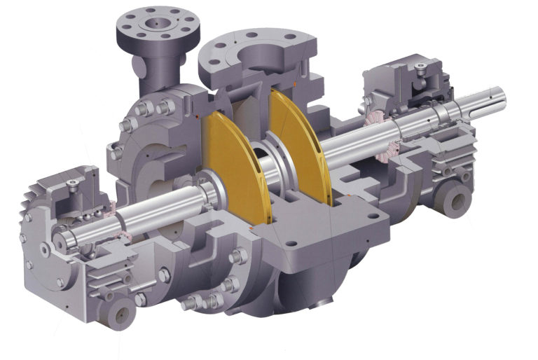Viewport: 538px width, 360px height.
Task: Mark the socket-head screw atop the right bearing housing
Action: coord(418,68)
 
